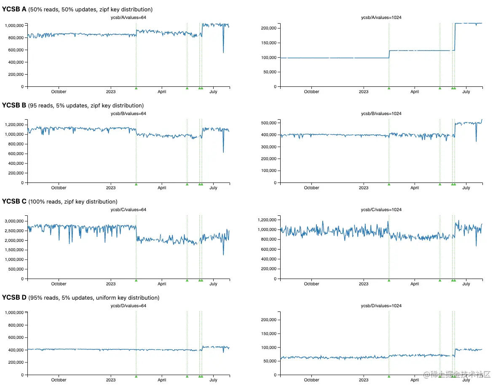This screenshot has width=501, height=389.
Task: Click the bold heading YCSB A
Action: (x=14, y=9)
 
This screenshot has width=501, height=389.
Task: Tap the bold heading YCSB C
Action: (x=14, y=201)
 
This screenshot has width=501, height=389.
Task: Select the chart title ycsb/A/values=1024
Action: (x=381, y=17)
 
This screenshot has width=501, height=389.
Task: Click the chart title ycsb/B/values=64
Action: (x=128, y=113)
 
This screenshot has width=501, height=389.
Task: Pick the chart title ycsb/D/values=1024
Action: (x=381, y=306)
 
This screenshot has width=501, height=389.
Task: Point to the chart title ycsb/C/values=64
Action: (x=128, y=209)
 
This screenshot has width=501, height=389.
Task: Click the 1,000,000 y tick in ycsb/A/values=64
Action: (x=14, y=25)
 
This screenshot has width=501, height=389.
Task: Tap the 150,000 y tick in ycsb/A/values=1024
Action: (x=268, y=43)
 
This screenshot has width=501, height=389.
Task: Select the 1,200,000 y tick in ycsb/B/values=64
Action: (x=14, y=125)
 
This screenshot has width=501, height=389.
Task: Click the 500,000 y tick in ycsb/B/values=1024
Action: (x=268, y=123)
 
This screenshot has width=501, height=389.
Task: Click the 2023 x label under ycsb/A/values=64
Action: (x=110, y=92)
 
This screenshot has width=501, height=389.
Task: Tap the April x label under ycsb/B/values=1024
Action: (x=415, y=188)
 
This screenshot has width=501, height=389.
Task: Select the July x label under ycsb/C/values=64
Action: (x=214, y=284)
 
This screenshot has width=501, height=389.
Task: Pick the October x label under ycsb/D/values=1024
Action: (x=311, y=380)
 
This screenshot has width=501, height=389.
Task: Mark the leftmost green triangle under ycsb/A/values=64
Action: (x=136, y=88)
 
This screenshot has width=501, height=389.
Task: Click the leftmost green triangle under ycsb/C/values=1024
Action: (x=389, y=280)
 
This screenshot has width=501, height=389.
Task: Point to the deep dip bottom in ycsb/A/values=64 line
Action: (x=223, y=53)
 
